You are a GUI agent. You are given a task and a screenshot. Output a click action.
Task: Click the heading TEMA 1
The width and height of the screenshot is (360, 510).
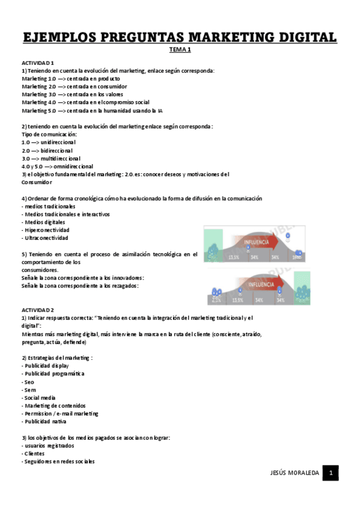pos(180,51)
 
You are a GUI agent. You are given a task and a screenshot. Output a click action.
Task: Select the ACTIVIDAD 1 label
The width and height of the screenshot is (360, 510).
pos(38,63)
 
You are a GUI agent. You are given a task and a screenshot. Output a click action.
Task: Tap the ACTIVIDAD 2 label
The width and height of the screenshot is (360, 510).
pos(38,309)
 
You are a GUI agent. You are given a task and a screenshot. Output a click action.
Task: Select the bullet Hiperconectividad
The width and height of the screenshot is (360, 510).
pos(46,230)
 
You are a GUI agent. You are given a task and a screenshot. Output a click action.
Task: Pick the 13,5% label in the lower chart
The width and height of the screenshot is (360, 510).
pos(237,299)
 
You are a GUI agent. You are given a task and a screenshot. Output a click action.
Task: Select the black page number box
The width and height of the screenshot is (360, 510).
pos(330,473)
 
